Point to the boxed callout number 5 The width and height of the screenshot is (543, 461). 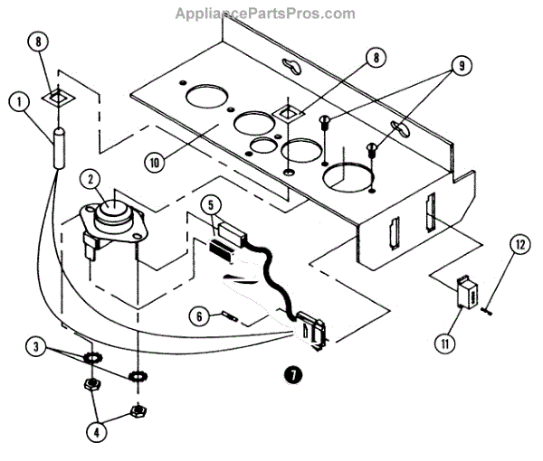tap(211, 205)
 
